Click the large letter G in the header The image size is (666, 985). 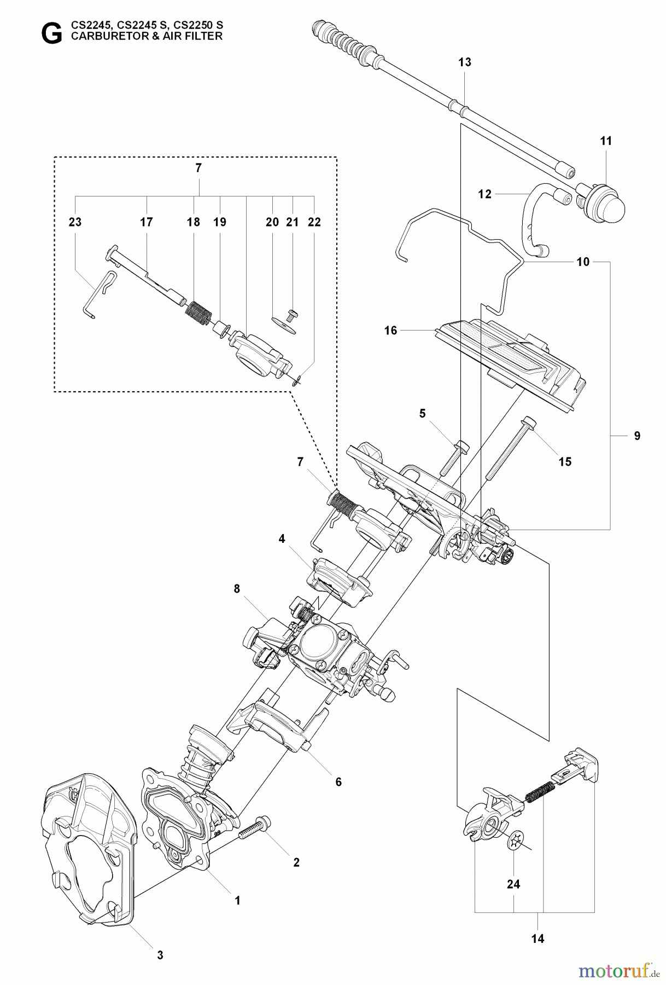(x=52, y=34)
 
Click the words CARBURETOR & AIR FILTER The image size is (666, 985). (x=146, y=37)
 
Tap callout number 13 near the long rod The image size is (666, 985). (x=464, y=62)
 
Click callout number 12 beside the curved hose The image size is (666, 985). (x=484, y=194)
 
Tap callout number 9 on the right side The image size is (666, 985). (x=637, y=436)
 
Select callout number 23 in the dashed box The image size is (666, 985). (x=75, y=222)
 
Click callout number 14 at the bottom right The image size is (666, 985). (x=538, y=938)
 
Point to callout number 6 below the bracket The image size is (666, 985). (x=338, y=782)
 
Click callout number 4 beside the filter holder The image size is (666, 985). (x=282, y=538)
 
